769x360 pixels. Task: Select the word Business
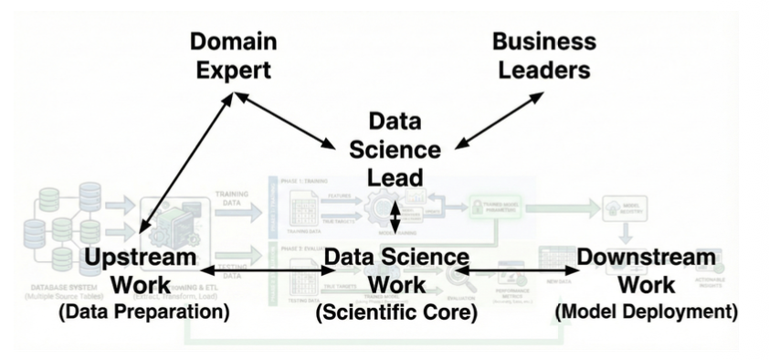(543, 41)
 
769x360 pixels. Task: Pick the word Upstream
(140, 258)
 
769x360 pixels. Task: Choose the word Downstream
(646, 258)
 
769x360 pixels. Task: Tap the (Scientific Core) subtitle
(395, 312)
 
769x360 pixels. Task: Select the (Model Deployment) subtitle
(646, 312)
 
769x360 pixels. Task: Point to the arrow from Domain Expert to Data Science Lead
(286, 119)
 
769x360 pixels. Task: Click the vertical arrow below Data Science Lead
(395, 217)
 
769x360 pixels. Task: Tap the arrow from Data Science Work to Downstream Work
(518, 271)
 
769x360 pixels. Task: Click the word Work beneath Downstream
(646, 285)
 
